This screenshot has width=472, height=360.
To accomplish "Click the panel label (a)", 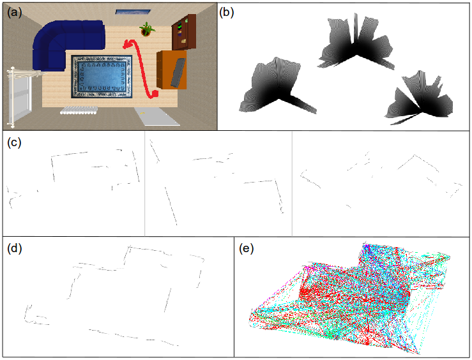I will [x=13, y=12].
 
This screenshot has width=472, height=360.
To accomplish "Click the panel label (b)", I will [x=227, y=12].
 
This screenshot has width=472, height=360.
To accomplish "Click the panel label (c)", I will [x=13, y=142].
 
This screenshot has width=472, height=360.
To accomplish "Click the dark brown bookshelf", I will [x=184, y=31].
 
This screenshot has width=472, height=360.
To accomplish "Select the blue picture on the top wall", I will [x=133, y=11].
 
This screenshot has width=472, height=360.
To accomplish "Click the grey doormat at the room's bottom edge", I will [x=153, y=116].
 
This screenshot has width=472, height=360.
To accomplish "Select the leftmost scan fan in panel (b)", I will [x=271, y=86].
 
